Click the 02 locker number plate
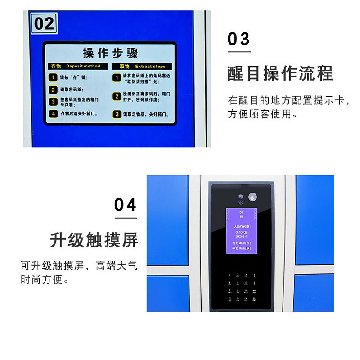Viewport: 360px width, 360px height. [x=44, y=23]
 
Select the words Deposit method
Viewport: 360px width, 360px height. [x=86, y=66]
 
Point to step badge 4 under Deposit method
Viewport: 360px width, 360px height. [x=54, y=114]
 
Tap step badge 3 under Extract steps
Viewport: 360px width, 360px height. [x=117, y=114]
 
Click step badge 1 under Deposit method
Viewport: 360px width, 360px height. [x=54, y=77]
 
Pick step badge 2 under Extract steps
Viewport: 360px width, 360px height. [x=117, y=96]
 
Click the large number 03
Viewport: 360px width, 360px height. [x=238, y=39]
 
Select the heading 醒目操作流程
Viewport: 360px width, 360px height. [x=280, y=73]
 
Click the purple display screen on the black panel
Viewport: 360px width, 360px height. [x=241, y=229]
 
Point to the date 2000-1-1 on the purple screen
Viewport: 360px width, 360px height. [x=241, y=235]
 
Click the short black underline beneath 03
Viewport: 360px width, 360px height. [x=238, y=52]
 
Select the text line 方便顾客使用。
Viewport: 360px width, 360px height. [x=262, y=114]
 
